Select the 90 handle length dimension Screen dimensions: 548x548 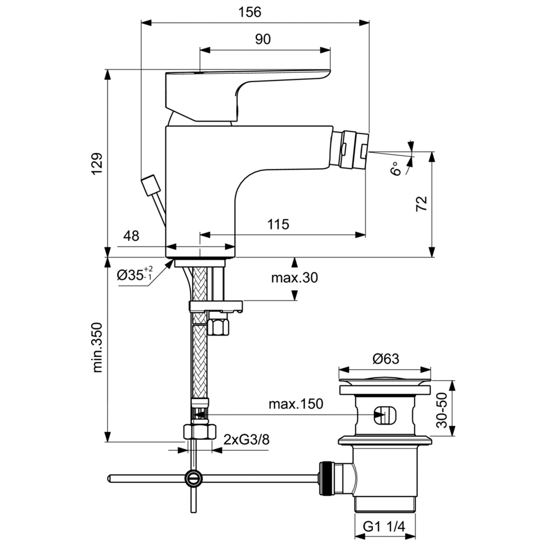pyautogui.click(x=263, y=39)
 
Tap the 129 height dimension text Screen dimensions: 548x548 pyautogui.click(x=96, y=164)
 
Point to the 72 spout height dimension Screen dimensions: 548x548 pyautogui.click(x=422, y=204)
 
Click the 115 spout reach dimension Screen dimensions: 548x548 pyautogui.click(x=278, y=224)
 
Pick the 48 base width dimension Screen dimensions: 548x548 pyautogui.click(x=131, y=236)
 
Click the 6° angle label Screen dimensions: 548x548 pyautogui.click(x=397, y=168)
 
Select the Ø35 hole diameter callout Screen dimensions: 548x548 pyautogui.click(x=135, y=275)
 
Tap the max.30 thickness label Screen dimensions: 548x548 pyautogui.click(x=295, y=278)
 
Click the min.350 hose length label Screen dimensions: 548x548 pyautogui.click(x=97, y=347)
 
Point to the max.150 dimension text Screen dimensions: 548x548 pyautogui.click(x=296, y=404)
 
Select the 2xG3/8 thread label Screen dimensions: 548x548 pyautogui.click(x=246, y=440)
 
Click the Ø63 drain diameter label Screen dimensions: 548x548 pyautogui.click(x=386, y=359)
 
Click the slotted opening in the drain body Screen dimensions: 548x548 pyautogui.click(x=384, y=414)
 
